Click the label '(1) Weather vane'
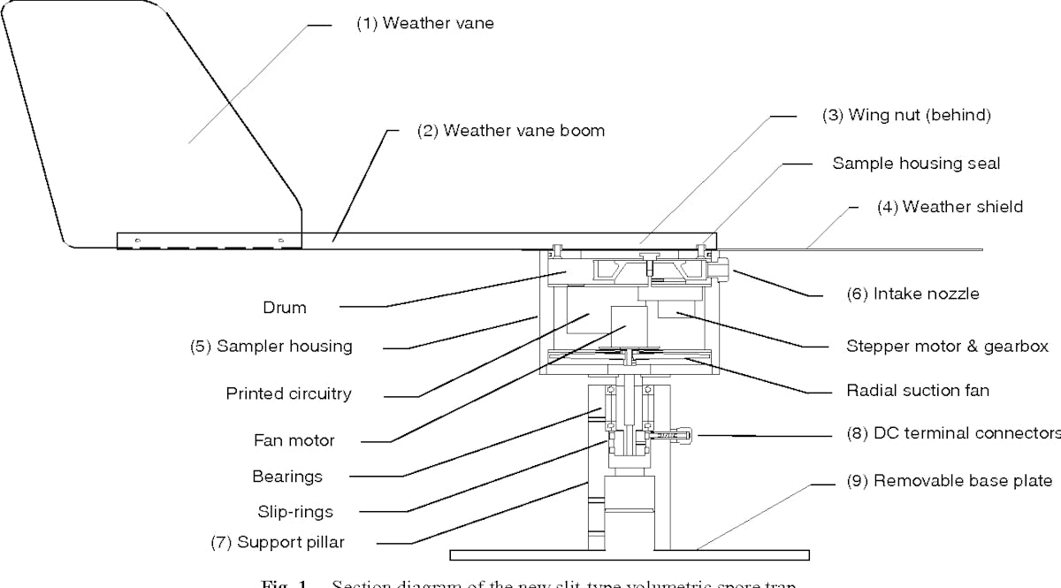[x=425, y=24]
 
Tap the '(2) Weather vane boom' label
[x=511, y=131]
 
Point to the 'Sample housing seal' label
[x=916, y=164]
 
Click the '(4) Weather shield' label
[x=950, y=207]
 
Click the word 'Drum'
[x=285, y=308]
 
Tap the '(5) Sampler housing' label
[x=271, y=347]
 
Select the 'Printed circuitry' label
[x=288, y=393]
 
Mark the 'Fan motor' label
[x=294, y=439]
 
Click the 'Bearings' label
[x=287, y=477]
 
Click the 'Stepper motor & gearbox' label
[x=947, y=347]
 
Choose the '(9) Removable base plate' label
[x=950, y=481]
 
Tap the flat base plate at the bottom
[x=629, y=554]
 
